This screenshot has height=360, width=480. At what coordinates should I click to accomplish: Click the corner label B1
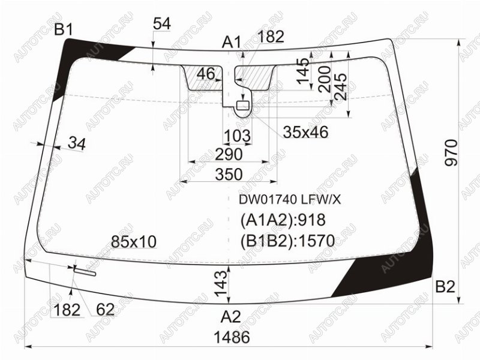tap(64, 30)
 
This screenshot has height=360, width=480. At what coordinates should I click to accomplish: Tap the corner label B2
tap(445, 287)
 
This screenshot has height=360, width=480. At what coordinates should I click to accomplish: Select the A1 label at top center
tap(232, 42)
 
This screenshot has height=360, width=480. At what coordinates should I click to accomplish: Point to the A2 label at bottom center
tap(231, 317)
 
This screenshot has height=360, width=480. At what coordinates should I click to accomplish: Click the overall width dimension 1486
tap(232, 337)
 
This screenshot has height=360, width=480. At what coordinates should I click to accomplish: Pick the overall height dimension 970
tap(452, 153)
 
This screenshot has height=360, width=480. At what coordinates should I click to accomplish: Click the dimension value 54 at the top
tap(162, 23)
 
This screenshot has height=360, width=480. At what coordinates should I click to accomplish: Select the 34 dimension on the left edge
tap(77, 143)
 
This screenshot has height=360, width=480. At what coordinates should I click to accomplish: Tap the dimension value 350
tap(229, 174)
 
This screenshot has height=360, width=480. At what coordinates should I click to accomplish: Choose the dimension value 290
tap(229, 154)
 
